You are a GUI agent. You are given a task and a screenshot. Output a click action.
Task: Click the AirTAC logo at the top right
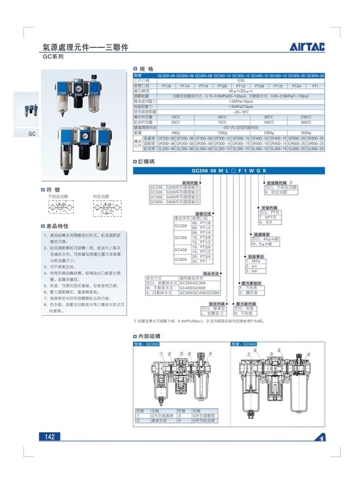(x=308, y=47)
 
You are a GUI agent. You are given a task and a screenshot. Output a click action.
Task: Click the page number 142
(x=50, y=437)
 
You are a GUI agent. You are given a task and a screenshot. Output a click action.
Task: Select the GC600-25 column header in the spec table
(x=315, y=75)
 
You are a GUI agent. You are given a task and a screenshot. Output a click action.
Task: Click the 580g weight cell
(x=175, y=132)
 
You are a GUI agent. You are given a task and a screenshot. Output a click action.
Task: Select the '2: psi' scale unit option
(x=252, y=266)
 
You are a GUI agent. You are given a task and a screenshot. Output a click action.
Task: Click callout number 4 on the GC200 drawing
(x=211, y=353)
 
